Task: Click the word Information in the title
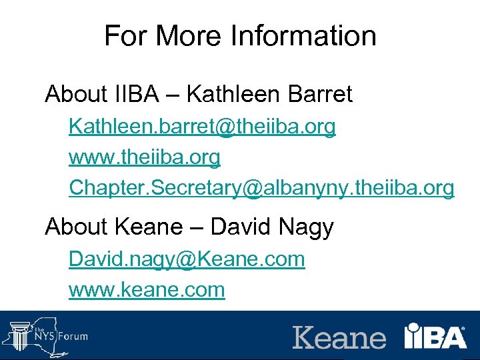pyautogui.click(x=303, y=35)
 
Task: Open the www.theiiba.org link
pyautogui.click(x=144, y=157)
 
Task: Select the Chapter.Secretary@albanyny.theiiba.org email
pyautogui.click(x=261, y=189)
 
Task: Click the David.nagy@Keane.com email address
pyautogui.click(x=187, y=259)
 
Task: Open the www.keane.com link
pyautogui.click(x=147, y=290)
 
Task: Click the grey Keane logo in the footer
pyautogui.click(x=339, y=337)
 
